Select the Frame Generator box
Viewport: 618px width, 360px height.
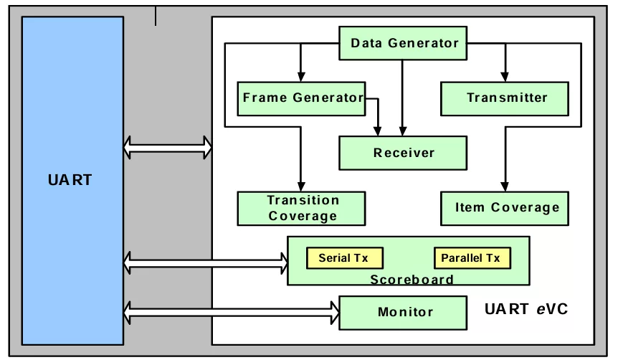click(302, 98)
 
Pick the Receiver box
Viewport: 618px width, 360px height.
click(403, 153)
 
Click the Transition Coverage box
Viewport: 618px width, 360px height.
click(302, 208)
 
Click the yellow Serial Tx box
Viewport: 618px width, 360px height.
click(344, 258)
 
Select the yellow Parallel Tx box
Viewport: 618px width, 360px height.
click(471, 258)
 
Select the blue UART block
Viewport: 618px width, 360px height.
click(72, 179)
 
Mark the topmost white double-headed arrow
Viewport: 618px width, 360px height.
click(168, 147)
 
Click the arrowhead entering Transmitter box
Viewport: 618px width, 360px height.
click(505, 77)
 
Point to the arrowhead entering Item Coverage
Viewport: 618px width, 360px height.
click(505, 186)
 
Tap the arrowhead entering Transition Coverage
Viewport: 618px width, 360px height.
click(301, 186)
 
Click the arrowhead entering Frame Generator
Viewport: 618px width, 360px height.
click(301, 77)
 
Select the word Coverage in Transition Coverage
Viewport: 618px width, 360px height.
click(302, 215)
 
